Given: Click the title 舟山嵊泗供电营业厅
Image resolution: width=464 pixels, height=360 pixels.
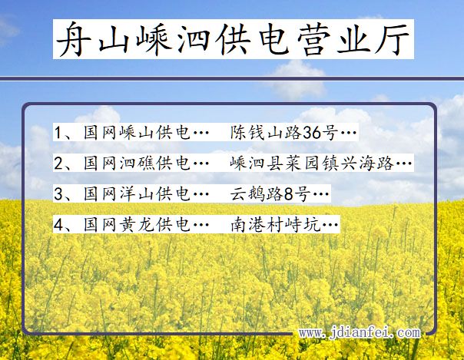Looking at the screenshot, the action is pyautogui.click(x=234, y=39).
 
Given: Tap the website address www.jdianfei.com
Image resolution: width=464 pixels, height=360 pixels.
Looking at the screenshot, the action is pyautogui.click(x=360, y=333).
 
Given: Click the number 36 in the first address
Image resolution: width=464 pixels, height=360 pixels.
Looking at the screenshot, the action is pyautogui.click(x=312, y=133).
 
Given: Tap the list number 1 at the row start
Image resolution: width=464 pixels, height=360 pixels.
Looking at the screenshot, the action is pyautogui.click(x=58, y=133).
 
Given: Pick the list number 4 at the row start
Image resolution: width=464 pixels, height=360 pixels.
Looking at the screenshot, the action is pyautogui.click(x=58, y=225).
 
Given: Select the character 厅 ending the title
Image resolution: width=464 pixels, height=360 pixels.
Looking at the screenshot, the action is pyautogui.click(x=393, y=39).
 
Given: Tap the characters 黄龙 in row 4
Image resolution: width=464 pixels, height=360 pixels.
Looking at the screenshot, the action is pyautogui.click(x=137, y=224).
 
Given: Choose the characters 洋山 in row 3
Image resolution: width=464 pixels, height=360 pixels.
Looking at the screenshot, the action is pyautogui.click(x=137, y=193).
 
